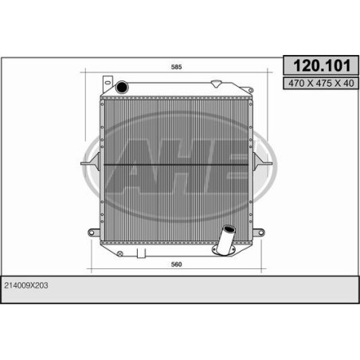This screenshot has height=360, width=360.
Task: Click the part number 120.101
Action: [x=322, y=65]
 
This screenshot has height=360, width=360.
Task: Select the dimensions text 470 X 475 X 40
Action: [x=321, y=84]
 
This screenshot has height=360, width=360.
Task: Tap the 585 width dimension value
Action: [x=177, y=67]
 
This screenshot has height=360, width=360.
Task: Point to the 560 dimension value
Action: [x=177, y=264]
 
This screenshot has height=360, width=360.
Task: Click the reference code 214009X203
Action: [x=26, y=285]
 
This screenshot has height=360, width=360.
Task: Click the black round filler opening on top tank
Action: [x=122, y=87]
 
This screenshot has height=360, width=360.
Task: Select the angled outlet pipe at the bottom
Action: [x=225, y=240]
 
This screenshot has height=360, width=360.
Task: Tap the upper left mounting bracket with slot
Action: [x=108, y=84]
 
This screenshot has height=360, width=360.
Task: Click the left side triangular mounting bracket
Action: [x=91, y=162]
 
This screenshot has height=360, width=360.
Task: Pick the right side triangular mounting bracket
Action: [x=262, y=162]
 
